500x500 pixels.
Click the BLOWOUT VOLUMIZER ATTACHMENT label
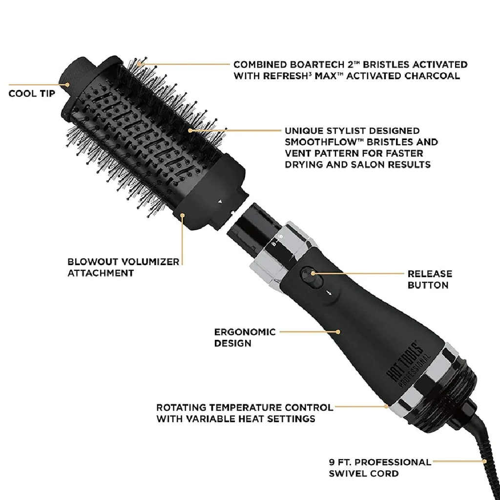tap(123, 267)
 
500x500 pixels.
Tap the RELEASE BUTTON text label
tap(430, 279)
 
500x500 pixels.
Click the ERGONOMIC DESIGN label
tap(245, 337)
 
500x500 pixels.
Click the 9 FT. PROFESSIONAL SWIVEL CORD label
tap(380, 467)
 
